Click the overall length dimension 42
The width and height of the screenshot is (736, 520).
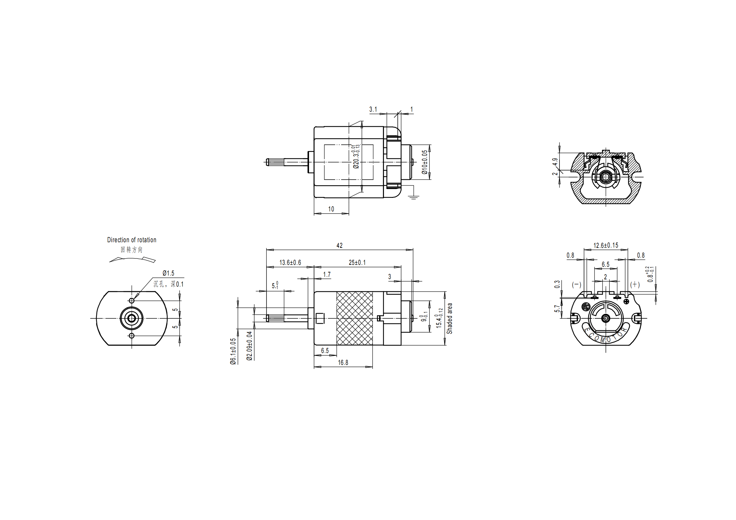click(340, 245)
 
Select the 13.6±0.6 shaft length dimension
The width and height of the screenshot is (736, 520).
click(290, 262)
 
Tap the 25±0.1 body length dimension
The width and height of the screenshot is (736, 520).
click(357, 262)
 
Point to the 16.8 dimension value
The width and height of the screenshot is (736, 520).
click(343, 362)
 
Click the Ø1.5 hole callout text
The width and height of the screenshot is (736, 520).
click(168, 273)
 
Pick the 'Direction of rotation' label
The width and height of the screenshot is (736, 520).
click(132, 240)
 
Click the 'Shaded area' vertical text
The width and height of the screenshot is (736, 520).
click(449, 318)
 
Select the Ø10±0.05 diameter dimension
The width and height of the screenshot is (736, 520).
click(424, 162)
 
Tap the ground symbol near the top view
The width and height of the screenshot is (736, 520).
click(414, 197)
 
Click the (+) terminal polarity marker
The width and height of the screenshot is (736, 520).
click(635, 284)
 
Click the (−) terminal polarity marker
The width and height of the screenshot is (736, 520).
click(576, 284)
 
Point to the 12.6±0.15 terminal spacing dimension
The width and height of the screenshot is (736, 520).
click(605, 245)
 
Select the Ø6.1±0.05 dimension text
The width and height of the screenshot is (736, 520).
click(233, 351)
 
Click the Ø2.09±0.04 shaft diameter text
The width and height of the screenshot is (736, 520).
click(250, 346)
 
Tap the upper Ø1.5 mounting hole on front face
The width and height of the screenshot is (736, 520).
click(132, 300)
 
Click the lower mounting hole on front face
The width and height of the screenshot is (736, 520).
click(132, 336)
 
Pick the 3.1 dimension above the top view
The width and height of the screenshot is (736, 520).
click(373, 109)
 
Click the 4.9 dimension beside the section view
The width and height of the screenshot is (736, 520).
click(555, 162)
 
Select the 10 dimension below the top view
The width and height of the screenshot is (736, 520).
click(331, 209)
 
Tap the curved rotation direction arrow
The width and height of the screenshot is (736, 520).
click(132, 259)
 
